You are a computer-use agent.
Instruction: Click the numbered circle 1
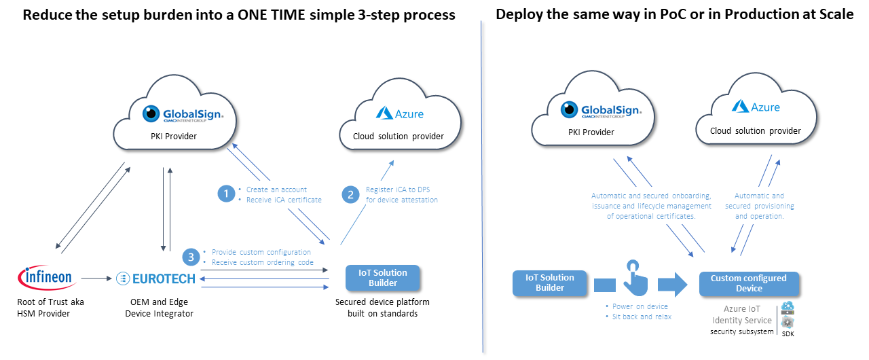pos(225,194)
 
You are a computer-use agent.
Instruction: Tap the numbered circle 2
pos(350,194)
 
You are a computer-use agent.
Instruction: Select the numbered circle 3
pos(192,257)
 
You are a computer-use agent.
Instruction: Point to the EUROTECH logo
pos(155,278)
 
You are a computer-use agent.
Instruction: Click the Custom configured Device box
pos(748,283)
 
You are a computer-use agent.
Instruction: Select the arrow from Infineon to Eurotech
pos(94,278)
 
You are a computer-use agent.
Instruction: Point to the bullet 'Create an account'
pos(276,190)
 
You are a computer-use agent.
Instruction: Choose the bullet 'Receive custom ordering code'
pos(262,262)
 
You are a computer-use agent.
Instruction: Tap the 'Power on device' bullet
pos(640,306)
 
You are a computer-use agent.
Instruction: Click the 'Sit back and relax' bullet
pos(642,317)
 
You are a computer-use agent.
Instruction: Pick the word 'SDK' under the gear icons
pos(788,334)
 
